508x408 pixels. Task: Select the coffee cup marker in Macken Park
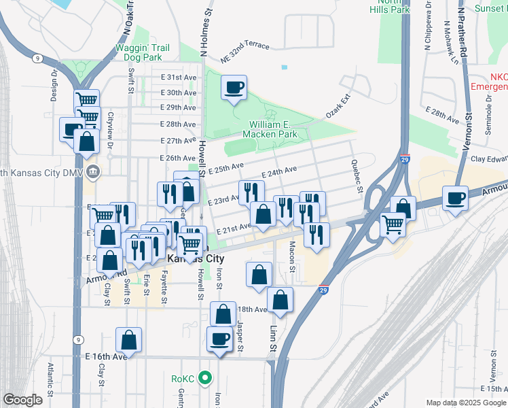tap(234, 88)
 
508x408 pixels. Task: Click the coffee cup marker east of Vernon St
tap(455, 199)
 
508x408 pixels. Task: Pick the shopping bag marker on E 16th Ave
tap(128, 341)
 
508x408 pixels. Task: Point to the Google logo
tap(22, 400)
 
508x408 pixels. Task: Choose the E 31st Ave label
tap(178, 78)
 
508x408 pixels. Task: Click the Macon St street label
tap(291, 256)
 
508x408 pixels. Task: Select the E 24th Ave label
tap(278, 173)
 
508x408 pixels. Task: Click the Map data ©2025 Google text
tap(466, 403)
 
